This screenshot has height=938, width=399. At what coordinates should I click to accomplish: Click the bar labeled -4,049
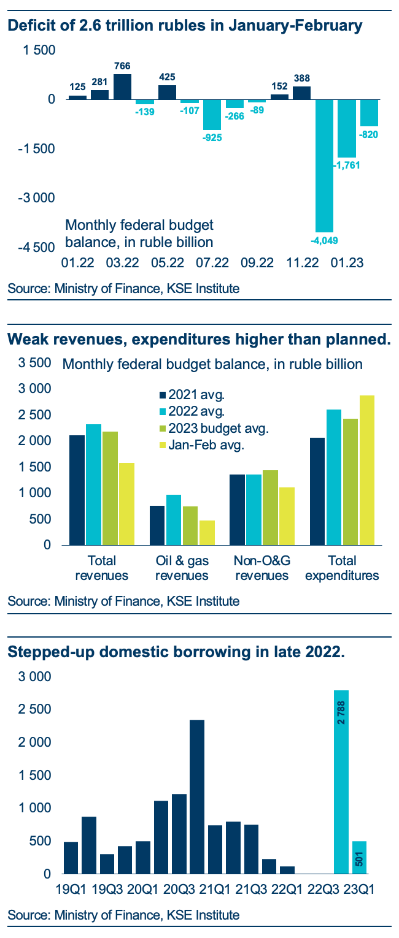point(324,166)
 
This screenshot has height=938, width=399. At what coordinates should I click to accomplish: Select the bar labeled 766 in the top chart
point(122,86)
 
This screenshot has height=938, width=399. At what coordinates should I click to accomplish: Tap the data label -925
point(212,138)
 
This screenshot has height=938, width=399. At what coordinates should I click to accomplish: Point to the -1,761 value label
point(347,165)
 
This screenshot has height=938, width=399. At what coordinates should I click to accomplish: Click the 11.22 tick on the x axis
point(302,263)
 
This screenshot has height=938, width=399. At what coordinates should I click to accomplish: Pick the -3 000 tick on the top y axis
point(36,197)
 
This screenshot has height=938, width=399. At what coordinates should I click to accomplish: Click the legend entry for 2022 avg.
point(192,411)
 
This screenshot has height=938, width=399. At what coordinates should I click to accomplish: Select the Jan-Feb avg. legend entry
point(201,444)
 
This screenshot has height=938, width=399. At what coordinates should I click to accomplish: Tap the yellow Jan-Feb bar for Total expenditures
point(366,470)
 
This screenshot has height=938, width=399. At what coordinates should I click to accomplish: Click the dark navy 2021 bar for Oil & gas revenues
point(157,525)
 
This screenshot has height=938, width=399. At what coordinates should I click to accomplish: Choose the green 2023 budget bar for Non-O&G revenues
point(270,508)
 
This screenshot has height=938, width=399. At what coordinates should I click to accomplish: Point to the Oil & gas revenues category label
point(182,568)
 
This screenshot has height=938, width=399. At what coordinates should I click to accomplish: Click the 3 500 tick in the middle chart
point(34,363)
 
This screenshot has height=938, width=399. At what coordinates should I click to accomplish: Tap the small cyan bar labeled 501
point(359,857)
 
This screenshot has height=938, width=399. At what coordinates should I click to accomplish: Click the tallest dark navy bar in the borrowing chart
point(197,797)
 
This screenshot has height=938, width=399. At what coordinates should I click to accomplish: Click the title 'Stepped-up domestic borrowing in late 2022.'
point(176,652)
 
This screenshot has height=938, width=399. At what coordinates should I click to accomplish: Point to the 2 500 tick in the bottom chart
point(34,709)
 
